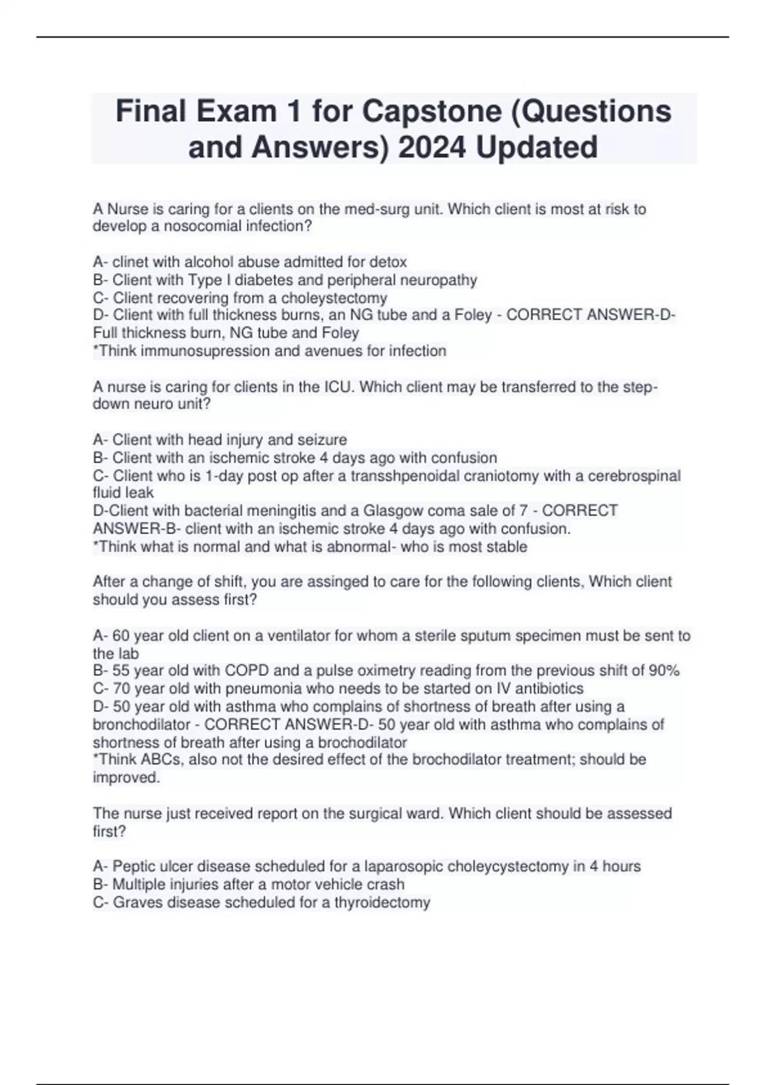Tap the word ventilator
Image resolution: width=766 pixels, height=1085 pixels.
pyautogui.click(x=299, y=636)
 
